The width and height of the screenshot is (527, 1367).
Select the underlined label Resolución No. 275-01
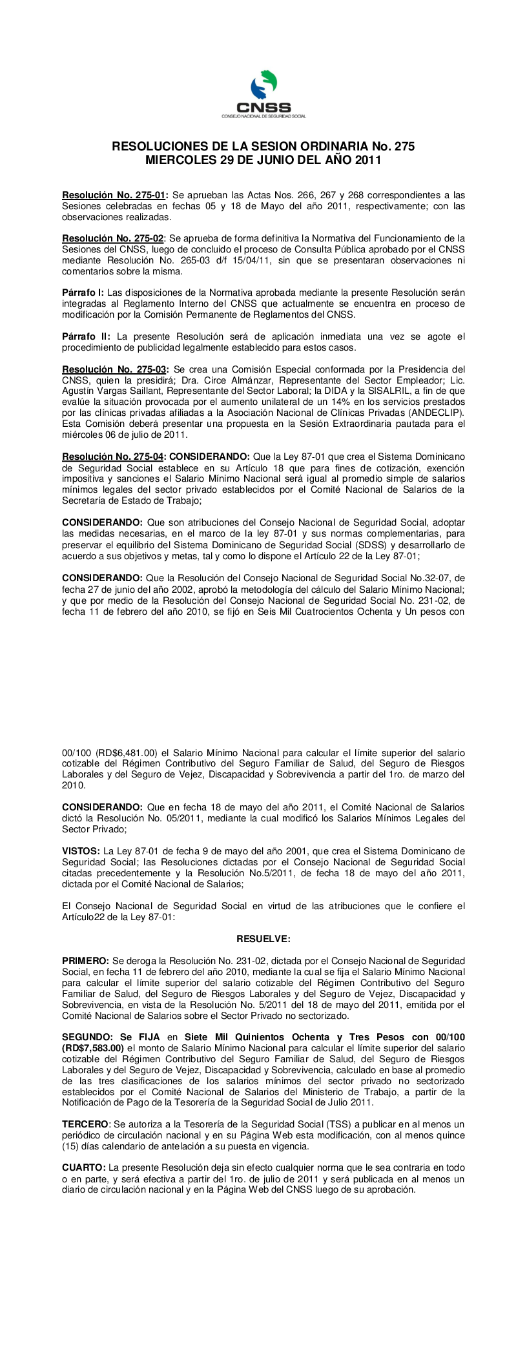tap(115, 194)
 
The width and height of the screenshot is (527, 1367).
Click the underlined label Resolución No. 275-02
tap(113, 238)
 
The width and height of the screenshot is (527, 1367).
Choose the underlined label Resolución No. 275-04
tap(113, 457)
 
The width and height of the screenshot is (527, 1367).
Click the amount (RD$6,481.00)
tap(123, 753)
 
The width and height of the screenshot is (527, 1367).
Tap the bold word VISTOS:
tap(81, 851)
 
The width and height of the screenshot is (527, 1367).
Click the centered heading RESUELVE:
tap(263, 938)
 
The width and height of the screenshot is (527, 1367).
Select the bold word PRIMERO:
tap(86, 961)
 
